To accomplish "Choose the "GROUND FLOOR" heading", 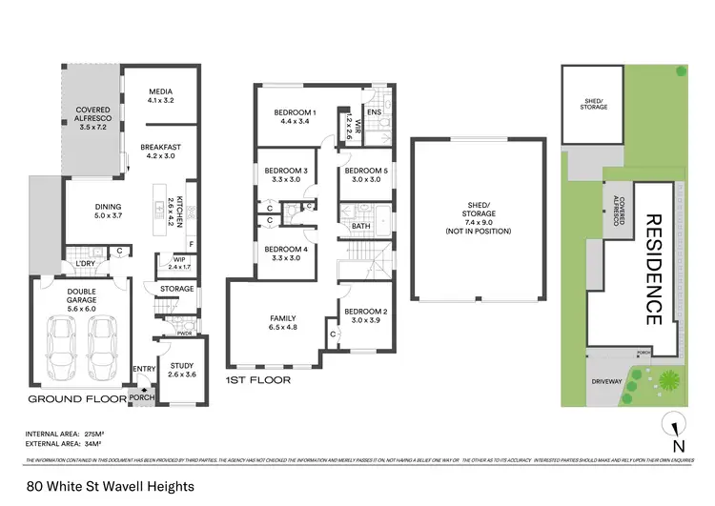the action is pyautogui.click(x=76, y=398).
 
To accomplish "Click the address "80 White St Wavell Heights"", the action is pyautogui.click(x=111, y=486).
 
